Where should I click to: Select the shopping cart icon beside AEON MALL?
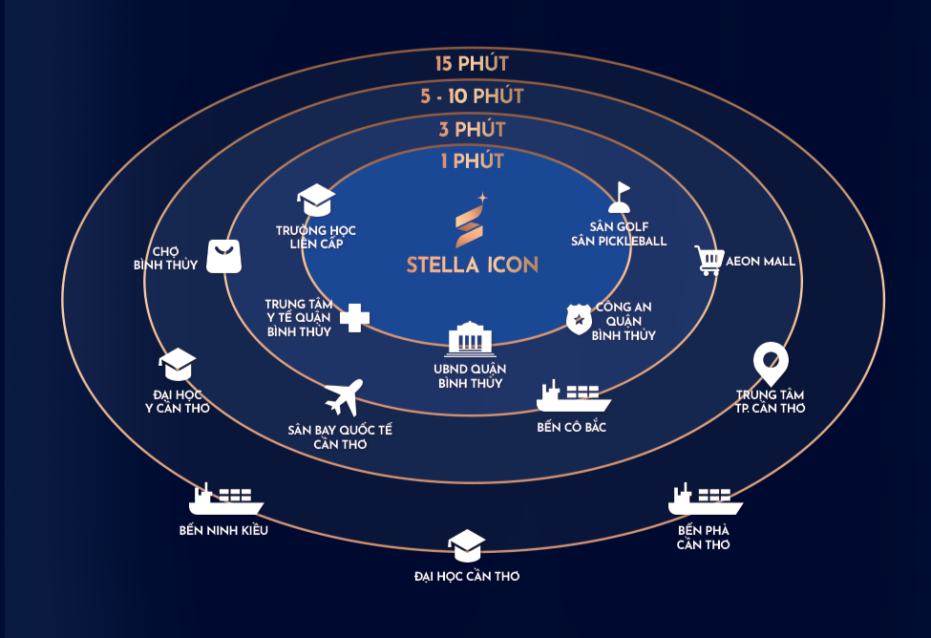708,261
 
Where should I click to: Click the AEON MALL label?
761,261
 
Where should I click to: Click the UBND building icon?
471,340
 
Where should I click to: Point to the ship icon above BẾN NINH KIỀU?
225,500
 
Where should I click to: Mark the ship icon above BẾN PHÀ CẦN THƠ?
705,500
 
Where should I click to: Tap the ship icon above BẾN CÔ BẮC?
573,395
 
